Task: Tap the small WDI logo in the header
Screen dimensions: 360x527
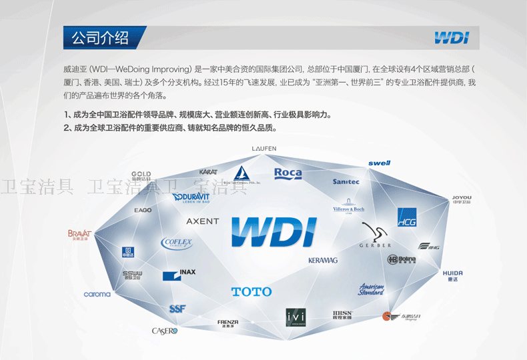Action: pos(451,38)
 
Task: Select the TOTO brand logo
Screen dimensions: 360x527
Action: pos(251,291)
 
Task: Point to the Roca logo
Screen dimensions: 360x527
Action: pos(288,173)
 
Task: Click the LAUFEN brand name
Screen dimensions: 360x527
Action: pos(264,148)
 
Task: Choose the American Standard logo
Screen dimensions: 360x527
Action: pos(372,289)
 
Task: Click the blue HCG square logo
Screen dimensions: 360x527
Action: pos(407,217)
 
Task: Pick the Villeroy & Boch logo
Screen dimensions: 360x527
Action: pos(349,207)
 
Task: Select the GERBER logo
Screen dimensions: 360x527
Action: pos(376,236)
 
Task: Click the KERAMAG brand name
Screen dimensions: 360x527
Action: pos(323,260)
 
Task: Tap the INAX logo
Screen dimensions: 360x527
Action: pos(179,274)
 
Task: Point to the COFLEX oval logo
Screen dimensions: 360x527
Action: pos(177,243)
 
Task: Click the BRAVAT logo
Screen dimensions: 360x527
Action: pos(79,234)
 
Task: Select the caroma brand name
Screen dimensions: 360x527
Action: pos(97,294)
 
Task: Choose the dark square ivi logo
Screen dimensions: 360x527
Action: pos(296,317)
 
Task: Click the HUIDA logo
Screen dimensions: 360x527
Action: pos(452,275)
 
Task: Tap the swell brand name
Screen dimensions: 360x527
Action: pos(379,163)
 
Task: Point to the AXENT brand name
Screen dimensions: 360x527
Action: pos(202,221)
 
